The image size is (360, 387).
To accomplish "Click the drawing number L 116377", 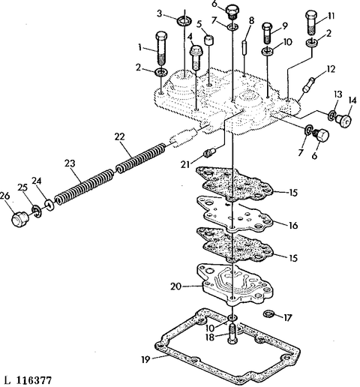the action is tap(28, 380).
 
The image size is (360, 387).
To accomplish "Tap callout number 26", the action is tap(4, 196).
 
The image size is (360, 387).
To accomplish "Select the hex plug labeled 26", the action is tap(20, 219).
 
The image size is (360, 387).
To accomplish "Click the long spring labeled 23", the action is tap(84, 186).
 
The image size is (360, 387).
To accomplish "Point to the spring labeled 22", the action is tap(141, 158).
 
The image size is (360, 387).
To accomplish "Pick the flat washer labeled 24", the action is tap(49, 205).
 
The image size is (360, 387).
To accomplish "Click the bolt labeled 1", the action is tap(161, 48).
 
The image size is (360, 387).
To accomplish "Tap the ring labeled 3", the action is tap(184, 21).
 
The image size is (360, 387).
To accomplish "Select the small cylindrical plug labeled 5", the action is tap(209, 40).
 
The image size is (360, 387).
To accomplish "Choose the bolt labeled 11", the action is tap(311, 22).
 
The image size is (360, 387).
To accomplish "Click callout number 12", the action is tap(330, 69).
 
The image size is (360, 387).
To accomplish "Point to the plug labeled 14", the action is tap(343, 120).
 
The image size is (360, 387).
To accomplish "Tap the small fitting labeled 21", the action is tap(210, 152).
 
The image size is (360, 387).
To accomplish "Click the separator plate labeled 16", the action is tap(235, 214).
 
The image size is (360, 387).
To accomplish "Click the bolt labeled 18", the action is tap(232, 334).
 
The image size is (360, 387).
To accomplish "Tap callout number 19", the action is tap(145, 359).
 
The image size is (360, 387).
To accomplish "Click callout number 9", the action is tap(285, 26).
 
